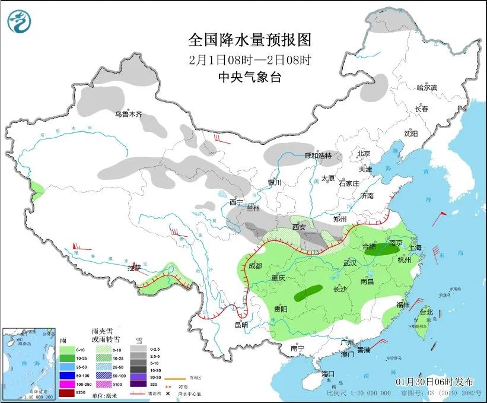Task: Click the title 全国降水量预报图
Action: click(250, 40)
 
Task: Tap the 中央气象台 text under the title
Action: click(250, 77)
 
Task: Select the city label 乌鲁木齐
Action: click(129, 114)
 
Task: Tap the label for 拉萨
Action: click(134, 268)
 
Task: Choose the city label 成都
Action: click(256, 266)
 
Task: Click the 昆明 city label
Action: click(241, 325)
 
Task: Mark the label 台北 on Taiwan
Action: click(426, 312)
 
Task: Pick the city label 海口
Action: click(328, 374)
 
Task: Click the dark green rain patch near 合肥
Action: click(380, 251)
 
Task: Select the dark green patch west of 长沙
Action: click(308, 291)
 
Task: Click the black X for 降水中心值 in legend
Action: click(168, 394)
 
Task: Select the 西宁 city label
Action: click(236, 202)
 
